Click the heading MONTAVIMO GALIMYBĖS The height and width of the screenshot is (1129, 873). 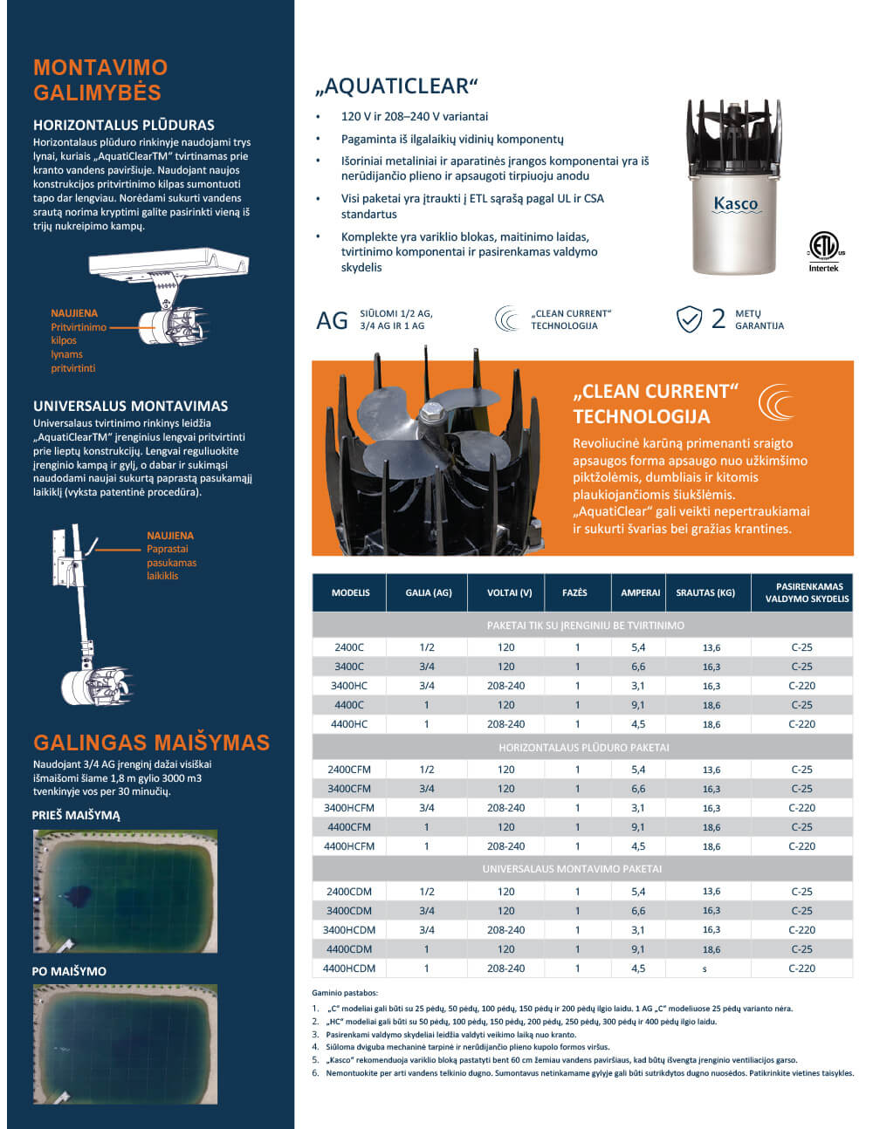pyautogui.click(x=100, y=80)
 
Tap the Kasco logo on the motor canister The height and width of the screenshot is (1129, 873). pyautogui.click(x=735, y=204)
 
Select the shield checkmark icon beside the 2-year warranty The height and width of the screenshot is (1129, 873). pyautogui.click(x=689, y=319)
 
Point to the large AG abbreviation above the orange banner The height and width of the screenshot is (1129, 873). pyautogui.click(x=332, y=321)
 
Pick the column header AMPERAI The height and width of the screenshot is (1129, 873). pyautogui.click(x=640, y=592)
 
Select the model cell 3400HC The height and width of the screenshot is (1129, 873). pyautogui.click(x=349, y=686)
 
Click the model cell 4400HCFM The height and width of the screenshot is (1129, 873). pyautogui.click(x=349, y=846)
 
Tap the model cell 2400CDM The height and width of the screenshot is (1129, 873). pyautogui.click(x=349, y=892)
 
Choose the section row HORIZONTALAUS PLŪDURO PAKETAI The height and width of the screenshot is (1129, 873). pyautogui.click(x=583, y=748)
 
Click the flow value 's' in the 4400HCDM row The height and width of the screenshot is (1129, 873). pyautogui.click(x=705, y=969)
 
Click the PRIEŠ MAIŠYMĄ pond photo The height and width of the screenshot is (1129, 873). pyautogui.click(x=125, y=891)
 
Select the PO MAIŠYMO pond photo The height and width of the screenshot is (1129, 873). pyautogui.click(x=125, y=1044)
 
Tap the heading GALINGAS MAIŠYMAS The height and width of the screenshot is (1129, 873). pyautogui.click(x=151, y=742)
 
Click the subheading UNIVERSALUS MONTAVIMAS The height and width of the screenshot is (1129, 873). pyautogui.click(x=130, y=406)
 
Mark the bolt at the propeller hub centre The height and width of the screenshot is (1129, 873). pyautogui.click(x=430, y=413)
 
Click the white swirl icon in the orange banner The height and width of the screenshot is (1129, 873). pyautogui.click(x=776, y=402)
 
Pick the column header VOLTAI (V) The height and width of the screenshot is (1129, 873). pyautogui.click(x=509, y=592)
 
